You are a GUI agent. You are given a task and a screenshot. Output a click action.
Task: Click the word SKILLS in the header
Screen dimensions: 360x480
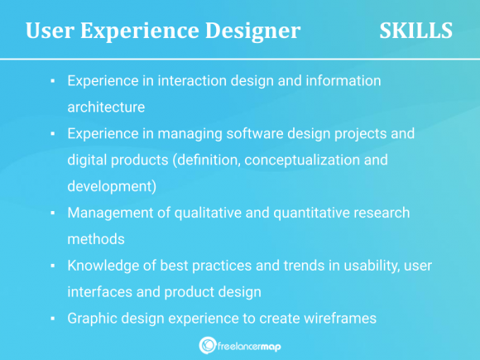pyautogui.click(x=415, y=31)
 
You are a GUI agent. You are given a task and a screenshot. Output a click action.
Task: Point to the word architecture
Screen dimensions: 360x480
pyautogui.click(x=106, y=107)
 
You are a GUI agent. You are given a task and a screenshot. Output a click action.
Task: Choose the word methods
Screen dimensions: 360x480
pyautogui.click(x=95, y=238)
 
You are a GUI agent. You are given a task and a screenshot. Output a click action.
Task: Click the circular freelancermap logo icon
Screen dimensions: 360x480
pyautogui.click(x=208, y=345)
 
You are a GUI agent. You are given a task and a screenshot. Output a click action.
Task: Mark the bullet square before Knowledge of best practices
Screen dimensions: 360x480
pyautogui.click(x=52, y=266)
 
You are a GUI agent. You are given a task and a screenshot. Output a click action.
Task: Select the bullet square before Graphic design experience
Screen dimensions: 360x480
pyautogui.click(x=52, y=319)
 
